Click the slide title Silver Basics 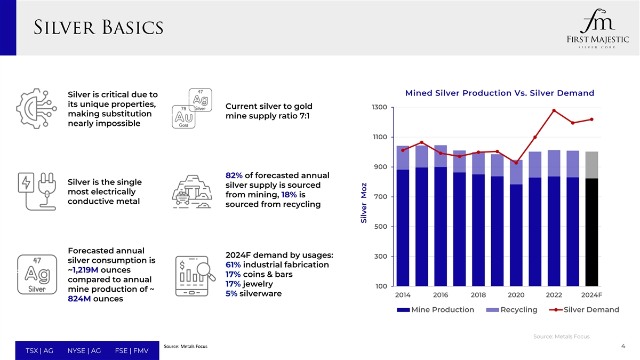coord(99,28)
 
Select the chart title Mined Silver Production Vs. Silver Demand coord(500,93)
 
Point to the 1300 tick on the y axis coord(380,108)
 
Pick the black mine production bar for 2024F coord(592,232)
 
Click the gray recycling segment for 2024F coord(592,165)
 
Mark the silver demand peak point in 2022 coord(554,110)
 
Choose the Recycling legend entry coord(512,310)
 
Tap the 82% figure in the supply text coord(234,176)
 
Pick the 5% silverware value coord(231,294)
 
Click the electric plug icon coord(35,190)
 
